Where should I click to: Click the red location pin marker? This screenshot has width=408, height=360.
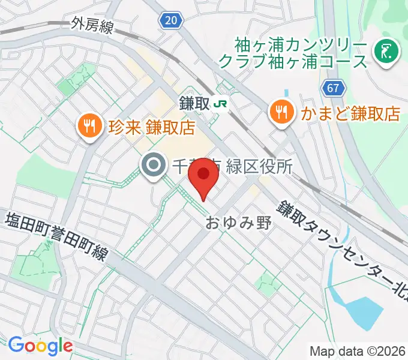(204, 176)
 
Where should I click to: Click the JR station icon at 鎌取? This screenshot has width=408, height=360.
(221, 103)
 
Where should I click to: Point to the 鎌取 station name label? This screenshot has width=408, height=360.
(193, 103)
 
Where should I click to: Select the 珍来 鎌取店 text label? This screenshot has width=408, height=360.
(152, 128)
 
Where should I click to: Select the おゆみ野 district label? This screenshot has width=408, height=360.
(239, 223)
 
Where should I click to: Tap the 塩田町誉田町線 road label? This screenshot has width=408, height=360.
(56, 235)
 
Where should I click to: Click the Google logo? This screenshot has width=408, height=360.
(40, 346)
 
